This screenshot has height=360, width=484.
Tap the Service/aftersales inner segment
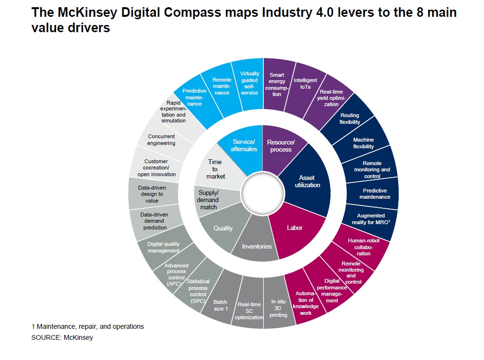point(244,145)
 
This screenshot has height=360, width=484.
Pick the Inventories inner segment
point(257,246)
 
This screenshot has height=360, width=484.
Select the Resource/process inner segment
point(281,146)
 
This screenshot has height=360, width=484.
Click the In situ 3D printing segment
point(279,309)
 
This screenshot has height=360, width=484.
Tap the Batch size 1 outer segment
point(220,305)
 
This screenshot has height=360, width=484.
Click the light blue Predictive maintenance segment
point(195,97)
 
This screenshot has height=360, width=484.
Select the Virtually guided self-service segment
point(249,83)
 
